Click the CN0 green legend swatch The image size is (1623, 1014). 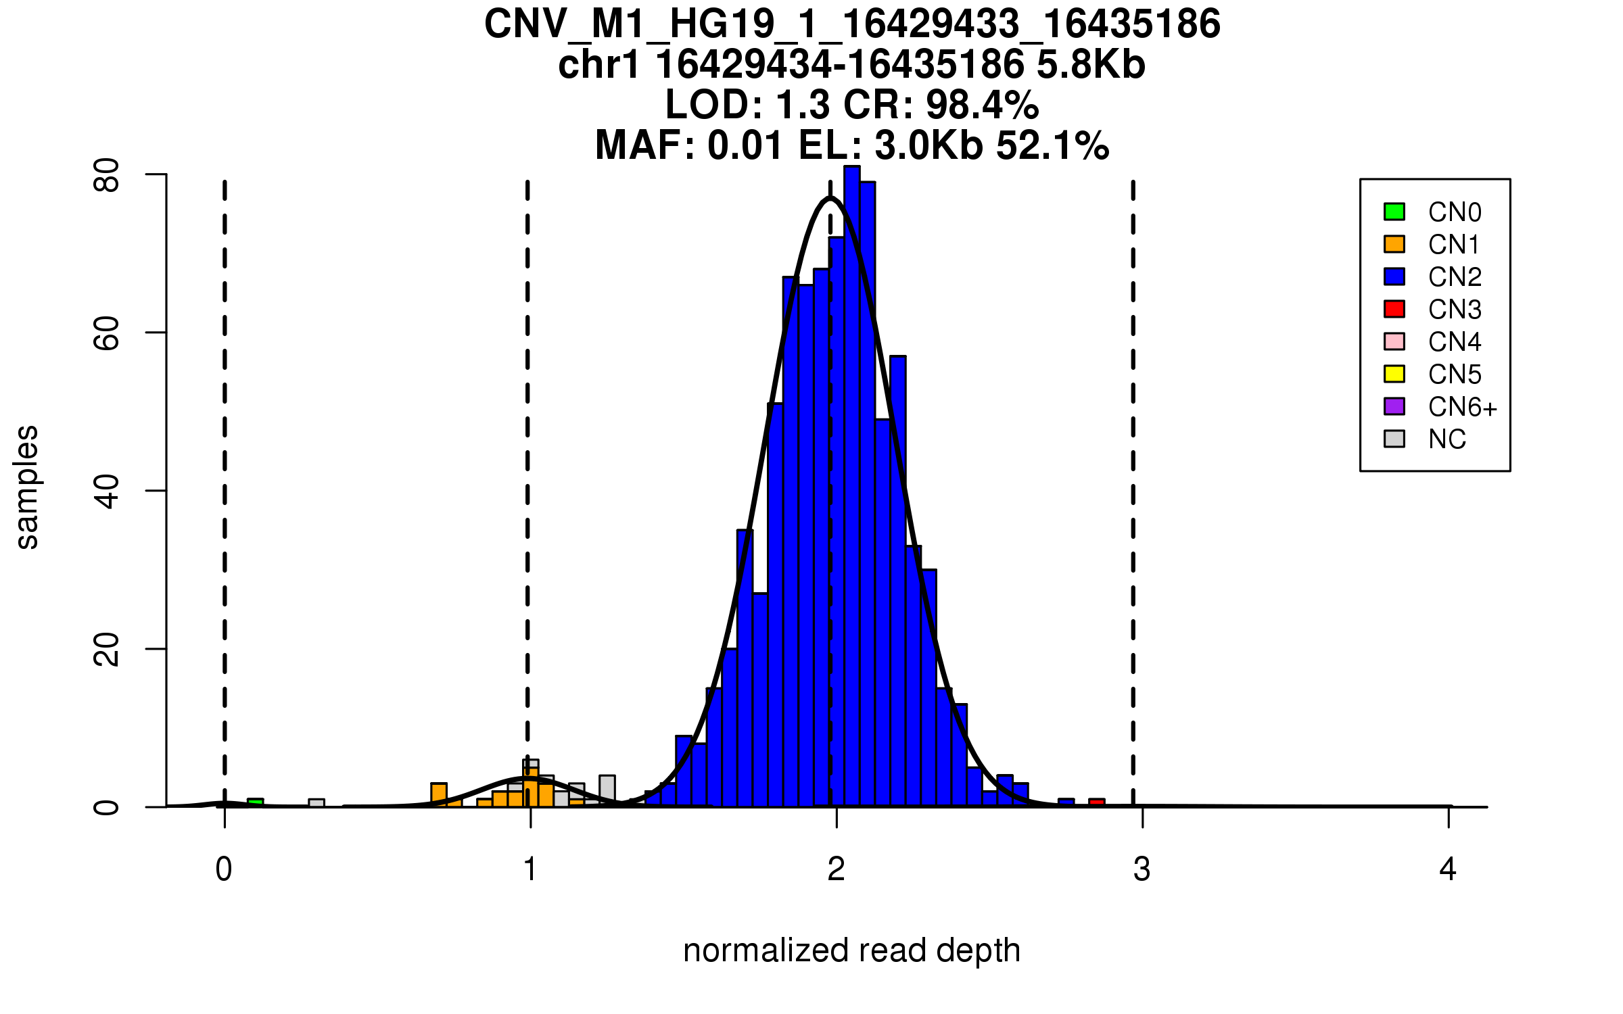[1394, 212]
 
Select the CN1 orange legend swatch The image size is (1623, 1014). [1394, 244]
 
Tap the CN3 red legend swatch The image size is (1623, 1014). [1394, 309]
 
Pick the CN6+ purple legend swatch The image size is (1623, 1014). [1394, 406]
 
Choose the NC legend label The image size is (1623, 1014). [1446, 439]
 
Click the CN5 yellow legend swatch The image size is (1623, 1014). [1394, 374]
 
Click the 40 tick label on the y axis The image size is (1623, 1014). [107, 491]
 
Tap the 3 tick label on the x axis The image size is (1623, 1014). [1142, 869]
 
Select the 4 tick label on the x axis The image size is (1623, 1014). [1448, 869]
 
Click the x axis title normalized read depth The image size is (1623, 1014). [851, 950]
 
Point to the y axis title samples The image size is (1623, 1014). [27, 487]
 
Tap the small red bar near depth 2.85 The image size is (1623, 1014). [1097, 802]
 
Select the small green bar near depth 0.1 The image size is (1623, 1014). [255, 802]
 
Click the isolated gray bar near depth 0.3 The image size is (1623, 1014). [316, 802]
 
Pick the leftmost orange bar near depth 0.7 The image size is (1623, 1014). [439, 795]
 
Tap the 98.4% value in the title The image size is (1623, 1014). [982, 105]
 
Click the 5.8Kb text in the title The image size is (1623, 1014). [1091, 65]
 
